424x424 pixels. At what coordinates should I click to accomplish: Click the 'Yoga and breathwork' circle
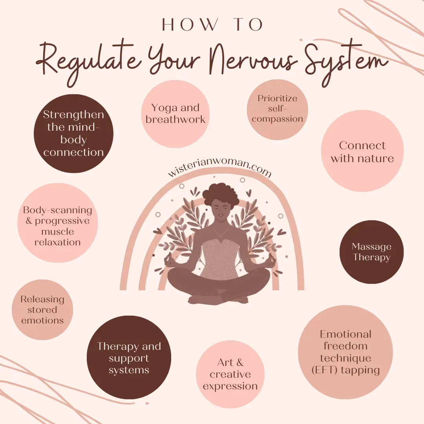175,114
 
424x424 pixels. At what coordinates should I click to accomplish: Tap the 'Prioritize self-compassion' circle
278,109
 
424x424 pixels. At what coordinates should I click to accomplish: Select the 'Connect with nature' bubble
362,152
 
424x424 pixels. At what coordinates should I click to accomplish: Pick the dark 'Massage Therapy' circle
371,252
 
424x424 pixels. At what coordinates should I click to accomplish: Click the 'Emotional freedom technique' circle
345,352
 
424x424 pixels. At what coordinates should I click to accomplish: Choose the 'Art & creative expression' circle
230,374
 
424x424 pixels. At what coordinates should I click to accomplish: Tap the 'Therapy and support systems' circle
129,358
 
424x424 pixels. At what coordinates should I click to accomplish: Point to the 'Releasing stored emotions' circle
42,310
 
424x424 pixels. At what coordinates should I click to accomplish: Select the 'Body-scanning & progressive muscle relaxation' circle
57,226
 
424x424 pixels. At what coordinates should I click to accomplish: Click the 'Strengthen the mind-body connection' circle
73,133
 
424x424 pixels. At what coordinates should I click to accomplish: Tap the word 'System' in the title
344,63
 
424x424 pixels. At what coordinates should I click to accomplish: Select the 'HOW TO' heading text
212,25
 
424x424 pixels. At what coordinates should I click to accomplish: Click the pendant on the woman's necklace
221,238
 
